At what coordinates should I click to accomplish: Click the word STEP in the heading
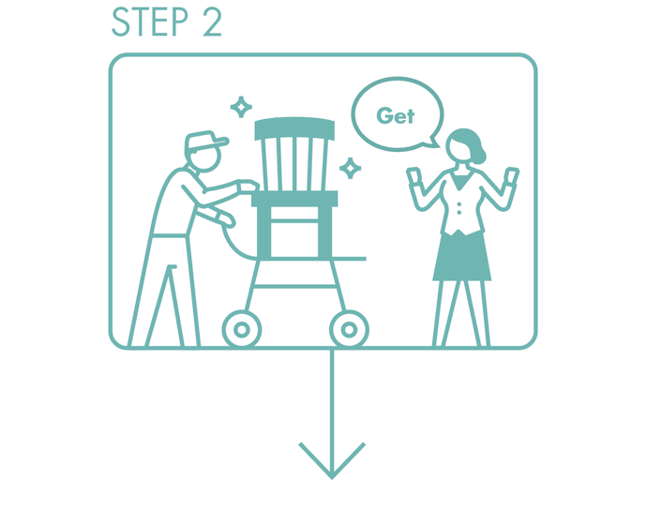point(150,22)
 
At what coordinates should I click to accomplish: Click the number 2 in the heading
point(212,22)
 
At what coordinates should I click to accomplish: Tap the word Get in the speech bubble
point(396,116)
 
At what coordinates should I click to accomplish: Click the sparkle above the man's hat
point(241,107)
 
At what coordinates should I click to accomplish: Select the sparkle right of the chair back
point(351,169)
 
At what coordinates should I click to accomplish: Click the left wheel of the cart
point(242,330)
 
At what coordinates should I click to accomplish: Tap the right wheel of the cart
point(349,330)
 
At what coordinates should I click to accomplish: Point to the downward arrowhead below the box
point(332,461)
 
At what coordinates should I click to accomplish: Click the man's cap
point(204,141)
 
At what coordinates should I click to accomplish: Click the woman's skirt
point(462,257)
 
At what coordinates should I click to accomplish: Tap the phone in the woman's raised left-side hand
point(414,176)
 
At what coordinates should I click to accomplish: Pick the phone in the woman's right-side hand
point(512,176)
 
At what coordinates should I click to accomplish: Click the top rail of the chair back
point(294,128)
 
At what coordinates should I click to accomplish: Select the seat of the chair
point(294,199)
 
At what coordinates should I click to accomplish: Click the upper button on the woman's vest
point(459,203)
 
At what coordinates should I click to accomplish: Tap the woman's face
point(458,149)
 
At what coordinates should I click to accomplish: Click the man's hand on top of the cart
point(248,186)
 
